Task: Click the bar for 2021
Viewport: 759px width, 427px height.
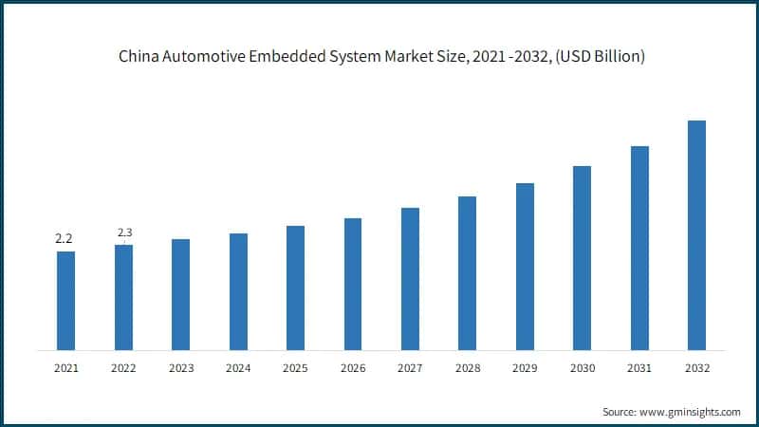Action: (x=65, y=300)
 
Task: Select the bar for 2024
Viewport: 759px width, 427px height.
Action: (x=238, y=290)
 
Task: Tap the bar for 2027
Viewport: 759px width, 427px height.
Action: (x=410, y=278)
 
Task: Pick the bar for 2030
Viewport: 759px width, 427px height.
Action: (x=582, y=257)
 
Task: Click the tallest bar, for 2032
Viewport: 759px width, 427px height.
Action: (x=696, y=234)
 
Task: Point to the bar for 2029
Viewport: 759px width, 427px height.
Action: (x=525, y=266)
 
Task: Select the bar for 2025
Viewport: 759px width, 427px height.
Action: (x=295, y=287)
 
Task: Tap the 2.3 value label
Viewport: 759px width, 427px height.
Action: (x=124, y=232)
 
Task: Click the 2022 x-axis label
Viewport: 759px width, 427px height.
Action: (x=123, y=366)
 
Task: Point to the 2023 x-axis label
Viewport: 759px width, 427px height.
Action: (x=180, y=366)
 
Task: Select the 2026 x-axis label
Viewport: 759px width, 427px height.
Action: (x=352, y=366)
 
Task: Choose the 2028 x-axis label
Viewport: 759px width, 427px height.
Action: (x=467, y=366)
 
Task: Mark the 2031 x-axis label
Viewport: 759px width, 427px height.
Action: (x=639, y=366)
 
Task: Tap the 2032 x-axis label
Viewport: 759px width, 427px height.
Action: (x=696, y=366)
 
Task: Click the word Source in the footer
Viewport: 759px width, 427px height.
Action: (x=620, y=412)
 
